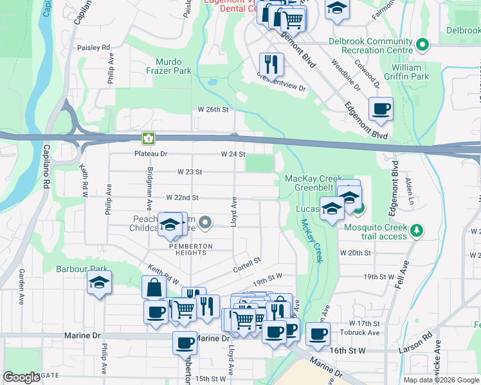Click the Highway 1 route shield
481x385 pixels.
[149, 138]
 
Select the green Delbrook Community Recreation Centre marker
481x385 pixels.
[422, 45]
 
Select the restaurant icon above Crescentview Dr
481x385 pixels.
[271, 64]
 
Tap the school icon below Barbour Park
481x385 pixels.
[99, 282]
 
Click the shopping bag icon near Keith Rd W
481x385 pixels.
[155, 288]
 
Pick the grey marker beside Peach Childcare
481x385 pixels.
[205, 223]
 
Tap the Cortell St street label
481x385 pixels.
[246, 263]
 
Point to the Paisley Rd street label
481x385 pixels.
[93, 47]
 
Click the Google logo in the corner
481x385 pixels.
[22, 377]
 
